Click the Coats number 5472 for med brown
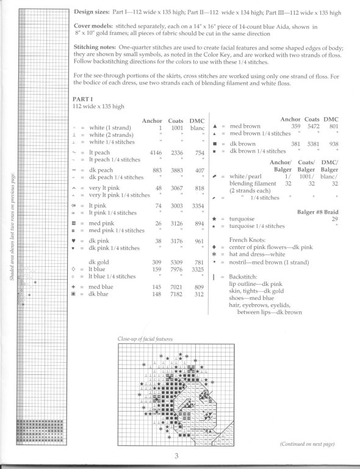pyautogui.click(x=311, y=126)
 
